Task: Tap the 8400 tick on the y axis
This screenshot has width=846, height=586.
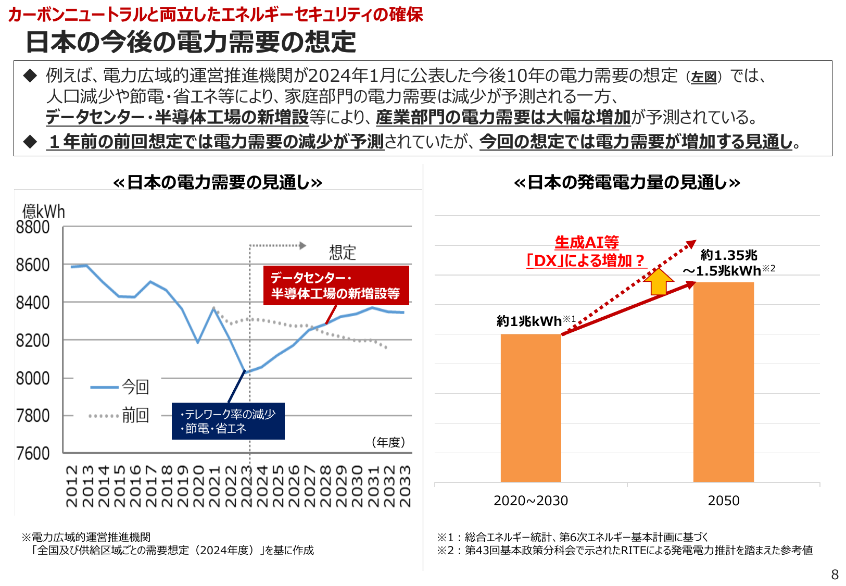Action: [x=32, y=303]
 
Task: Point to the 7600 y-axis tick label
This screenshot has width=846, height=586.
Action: [x=32, y=454]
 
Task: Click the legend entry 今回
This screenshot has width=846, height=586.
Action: [x=135, y=387]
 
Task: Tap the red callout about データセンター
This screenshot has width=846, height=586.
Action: [x=336, y=285]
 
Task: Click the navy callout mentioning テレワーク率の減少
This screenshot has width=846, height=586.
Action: [x=228, y=421]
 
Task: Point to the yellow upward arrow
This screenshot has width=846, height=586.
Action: [x=659, y=282]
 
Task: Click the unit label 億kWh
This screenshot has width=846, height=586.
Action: [x=43, y=211]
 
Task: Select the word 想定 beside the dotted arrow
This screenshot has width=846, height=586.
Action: [x=343, y=253]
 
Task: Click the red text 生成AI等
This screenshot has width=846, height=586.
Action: [x=587, y=242]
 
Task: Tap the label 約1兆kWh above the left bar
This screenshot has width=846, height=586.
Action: [x=529, y=321]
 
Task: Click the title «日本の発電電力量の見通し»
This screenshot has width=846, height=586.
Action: [x=626, y=182]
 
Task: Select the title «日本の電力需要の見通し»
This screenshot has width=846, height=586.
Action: [x=218, y=182]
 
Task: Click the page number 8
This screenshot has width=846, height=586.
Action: [x=835, y=575]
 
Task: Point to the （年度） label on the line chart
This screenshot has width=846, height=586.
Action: [x=388, y=442]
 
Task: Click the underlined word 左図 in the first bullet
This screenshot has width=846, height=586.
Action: [x=704, y=77]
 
